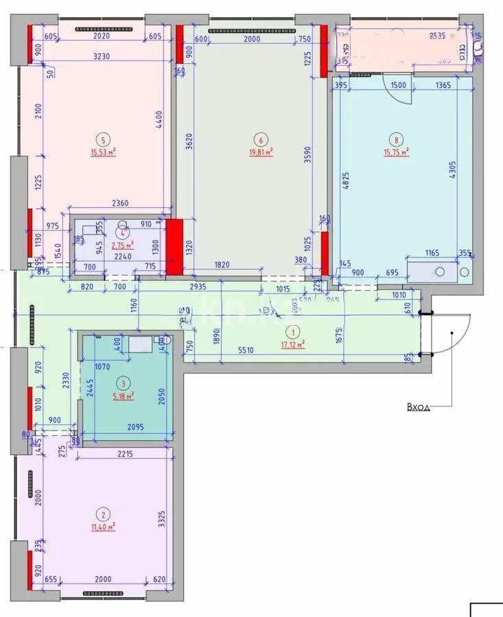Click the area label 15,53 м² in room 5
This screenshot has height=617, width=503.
[x=102, y=153]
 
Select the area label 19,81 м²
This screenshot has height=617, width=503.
[x=261, y=153]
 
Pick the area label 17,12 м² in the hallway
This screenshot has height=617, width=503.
[x=292, y=345]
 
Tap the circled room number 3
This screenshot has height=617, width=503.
[x=123, y=384]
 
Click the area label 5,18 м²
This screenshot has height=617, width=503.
[x=123, y=396]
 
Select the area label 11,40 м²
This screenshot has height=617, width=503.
[x=104, y=527]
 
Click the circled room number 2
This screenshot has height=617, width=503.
[x=104, y=515]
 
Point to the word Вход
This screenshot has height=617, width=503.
[x=418, y=407]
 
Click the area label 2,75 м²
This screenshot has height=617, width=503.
[x=123, y=244]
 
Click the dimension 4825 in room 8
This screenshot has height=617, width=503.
[x=346, y=180]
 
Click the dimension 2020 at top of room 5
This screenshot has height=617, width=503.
[x=102, y=37]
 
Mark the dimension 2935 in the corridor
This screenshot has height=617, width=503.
[x=199, y=287]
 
